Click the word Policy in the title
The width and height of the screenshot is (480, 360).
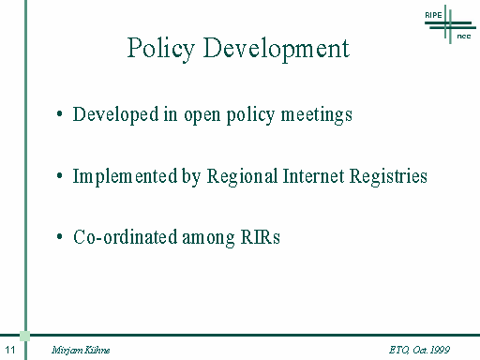pos(161,49)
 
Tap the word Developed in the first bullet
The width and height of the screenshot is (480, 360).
pos(115,115)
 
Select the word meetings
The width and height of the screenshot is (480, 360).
pos(317,115)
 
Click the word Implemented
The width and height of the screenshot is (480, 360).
pos(125,177)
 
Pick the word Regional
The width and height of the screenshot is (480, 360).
pos(242,177)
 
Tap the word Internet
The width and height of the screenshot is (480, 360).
pos(313,176)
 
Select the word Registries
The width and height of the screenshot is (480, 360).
pos(388,177)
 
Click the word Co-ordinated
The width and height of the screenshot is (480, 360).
pos(125,237)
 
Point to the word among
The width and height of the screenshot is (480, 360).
pos(208,239)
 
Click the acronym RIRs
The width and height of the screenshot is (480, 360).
pos(260,237)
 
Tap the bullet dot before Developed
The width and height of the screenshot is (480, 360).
pos(60,114)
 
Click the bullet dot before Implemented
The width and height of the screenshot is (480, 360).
pos(60,175)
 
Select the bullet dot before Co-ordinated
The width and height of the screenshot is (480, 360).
pos(60,236)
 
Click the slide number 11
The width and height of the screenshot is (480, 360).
pos(10,350)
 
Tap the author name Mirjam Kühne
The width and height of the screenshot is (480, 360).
pos(81,350)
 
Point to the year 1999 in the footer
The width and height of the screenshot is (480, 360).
pos(440,350)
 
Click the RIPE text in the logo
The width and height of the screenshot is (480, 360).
pos(433,15)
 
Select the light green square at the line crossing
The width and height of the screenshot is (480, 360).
pos(25,336)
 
